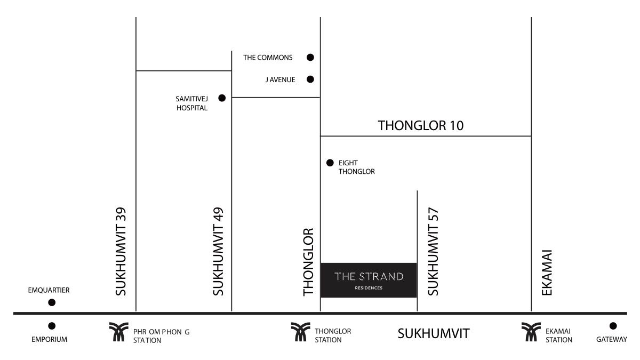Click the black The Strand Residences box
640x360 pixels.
pos(369,281)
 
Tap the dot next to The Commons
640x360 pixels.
pos(310,58)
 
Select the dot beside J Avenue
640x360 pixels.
pos(310,79)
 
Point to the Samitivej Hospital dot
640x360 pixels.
pos(222,98)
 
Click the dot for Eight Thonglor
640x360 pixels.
pos(330,163)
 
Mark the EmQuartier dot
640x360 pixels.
pos(52,302)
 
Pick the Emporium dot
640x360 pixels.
pos(52,326)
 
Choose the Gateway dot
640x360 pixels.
pos(613,326)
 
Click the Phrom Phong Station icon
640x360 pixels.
pos(118,332)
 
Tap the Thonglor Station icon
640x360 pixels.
pos(301,332)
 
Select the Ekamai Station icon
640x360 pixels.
pos(531,332)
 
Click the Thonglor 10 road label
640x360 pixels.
pos(421,126)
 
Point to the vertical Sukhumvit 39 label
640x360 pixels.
pos(121,251)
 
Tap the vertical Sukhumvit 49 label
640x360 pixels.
pos(218,251)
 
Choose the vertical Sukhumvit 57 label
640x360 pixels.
pos(433,251)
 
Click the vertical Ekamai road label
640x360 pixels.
pos(547,273)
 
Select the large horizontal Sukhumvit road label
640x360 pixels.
pos(434,334)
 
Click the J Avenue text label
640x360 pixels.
pos(281,79)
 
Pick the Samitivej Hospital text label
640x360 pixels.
pos(191,103)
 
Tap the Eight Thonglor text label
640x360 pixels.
pos(357,167)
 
